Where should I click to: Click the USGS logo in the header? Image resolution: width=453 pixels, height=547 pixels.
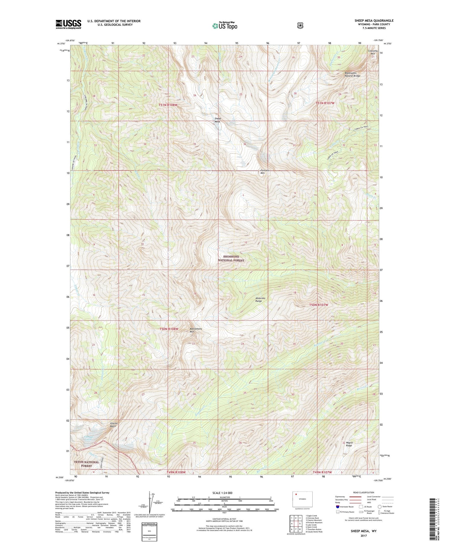coord(68,24)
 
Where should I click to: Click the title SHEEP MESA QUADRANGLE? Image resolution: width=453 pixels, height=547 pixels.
coord(374,21)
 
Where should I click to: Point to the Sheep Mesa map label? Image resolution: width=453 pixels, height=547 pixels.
coord(217,120)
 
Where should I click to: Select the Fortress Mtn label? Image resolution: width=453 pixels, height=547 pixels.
coord(265,172)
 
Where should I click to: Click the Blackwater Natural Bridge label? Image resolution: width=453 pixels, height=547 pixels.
coord(352,74)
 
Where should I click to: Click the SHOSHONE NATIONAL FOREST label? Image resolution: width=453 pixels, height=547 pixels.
coord(231,258)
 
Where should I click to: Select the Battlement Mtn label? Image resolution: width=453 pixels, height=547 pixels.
coord(196,330)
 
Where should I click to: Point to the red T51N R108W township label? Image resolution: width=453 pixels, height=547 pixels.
coord(168,105)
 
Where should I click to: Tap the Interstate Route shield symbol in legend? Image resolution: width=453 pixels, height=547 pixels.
coord(337,507)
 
